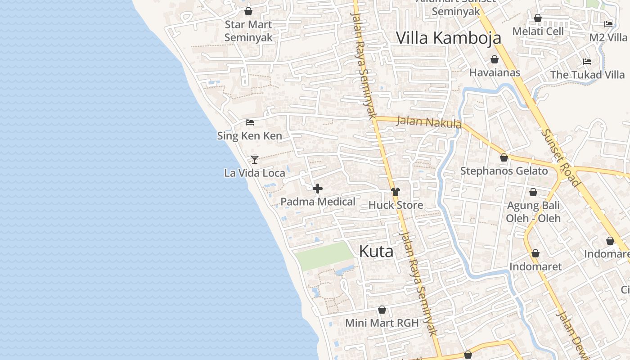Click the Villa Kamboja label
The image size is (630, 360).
point(448,38)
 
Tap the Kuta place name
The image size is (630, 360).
point(376,252)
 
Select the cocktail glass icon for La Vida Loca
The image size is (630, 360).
point(255,159)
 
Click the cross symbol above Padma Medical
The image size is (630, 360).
point(318,189)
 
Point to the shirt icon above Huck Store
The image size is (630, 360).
point(396,192)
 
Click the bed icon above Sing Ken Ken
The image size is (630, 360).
point(250,122)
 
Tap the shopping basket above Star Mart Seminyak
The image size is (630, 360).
point(248,11)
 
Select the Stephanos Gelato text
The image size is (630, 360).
point(504,171)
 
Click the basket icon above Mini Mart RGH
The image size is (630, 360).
point(382,310)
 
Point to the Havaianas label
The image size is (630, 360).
point(495,72)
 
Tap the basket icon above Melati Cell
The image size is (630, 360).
point(538,18)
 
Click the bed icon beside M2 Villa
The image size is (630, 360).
point(608,24)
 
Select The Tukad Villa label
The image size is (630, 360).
point(587,75)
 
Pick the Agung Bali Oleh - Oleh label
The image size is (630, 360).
point(533,212)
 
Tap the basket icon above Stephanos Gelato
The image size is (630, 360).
point(504,157)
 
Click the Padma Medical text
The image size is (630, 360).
point(318,202)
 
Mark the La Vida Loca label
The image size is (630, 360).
point(255,173)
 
